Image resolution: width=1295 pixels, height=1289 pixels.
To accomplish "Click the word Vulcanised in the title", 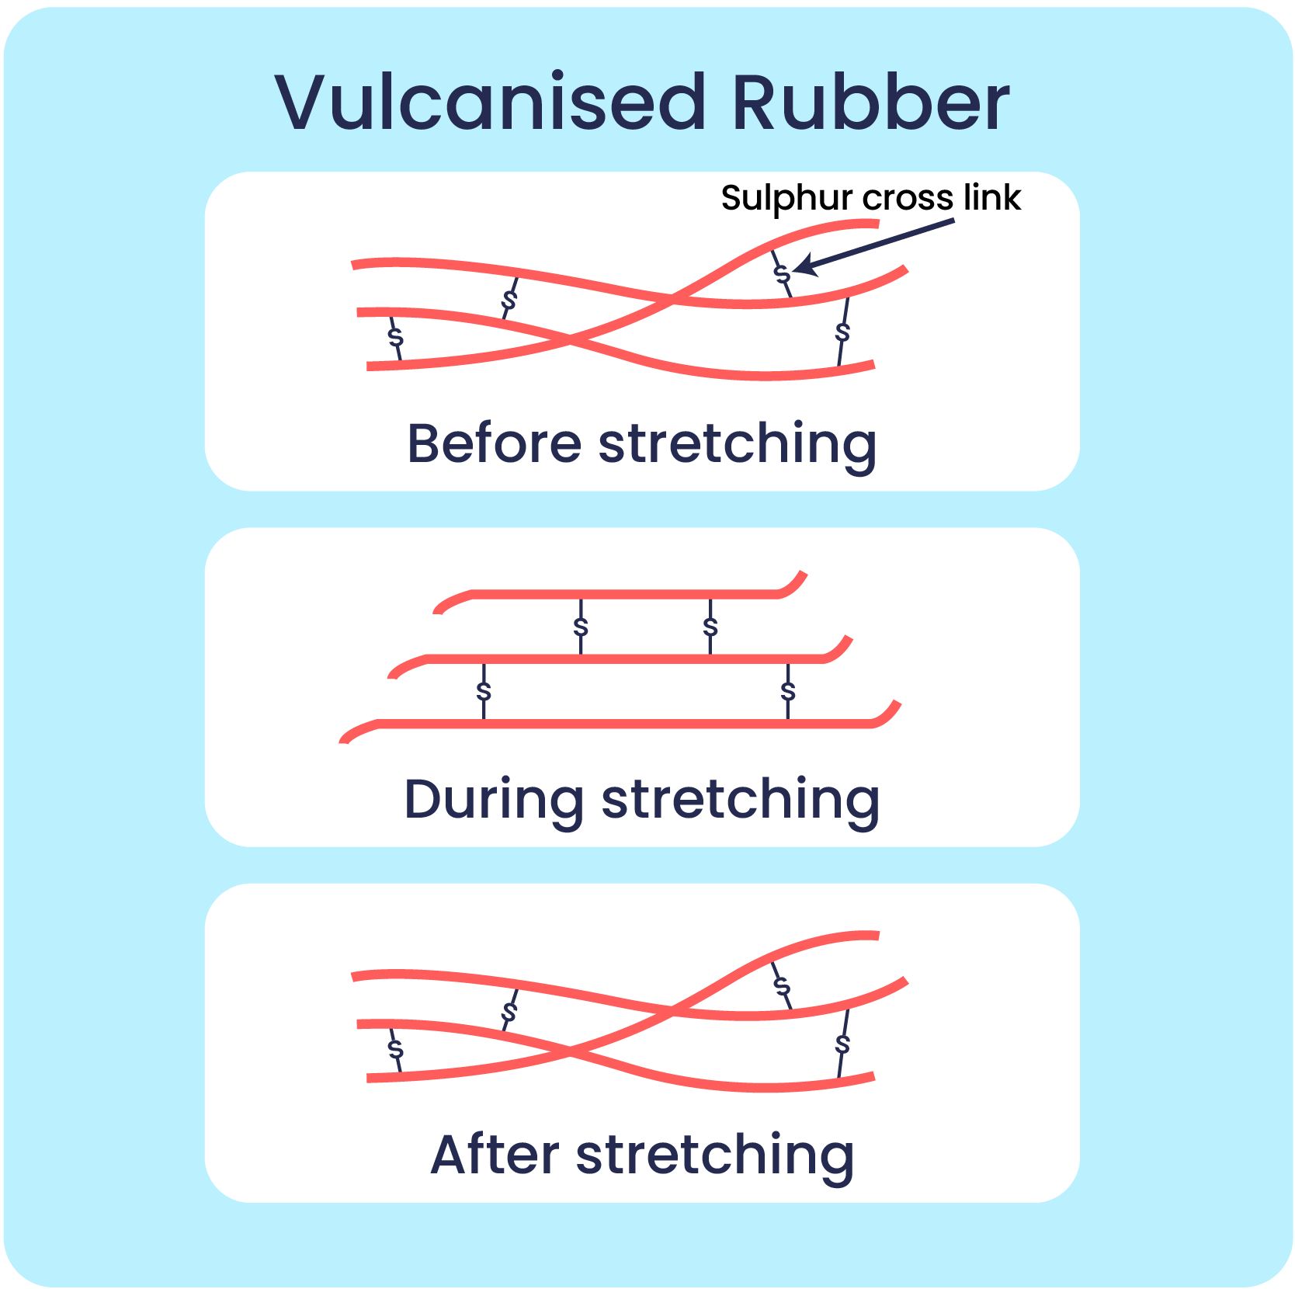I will point(489,102).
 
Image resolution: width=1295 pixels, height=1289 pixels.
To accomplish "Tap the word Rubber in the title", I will point(870,102).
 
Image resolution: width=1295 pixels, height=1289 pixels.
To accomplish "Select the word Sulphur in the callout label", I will point(786,198).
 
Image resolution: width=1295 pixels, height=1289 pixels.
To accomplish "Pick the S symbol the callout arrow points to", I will point(783,273).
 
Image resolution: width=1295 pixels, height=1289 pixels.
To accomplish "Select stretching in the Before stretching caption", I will point(738,445).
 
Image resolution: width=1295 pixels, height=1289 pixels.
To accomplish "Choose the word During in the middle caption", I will point(494,800).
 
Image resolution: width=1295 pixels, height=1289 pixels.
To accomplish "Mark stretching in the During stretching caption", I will point(741,801).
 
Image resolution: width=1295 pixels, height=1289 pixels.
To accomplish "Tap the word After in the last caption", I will point(495,1155).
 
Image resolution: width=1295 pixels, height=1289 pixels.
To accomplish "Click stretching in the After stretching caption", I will point(715,1156).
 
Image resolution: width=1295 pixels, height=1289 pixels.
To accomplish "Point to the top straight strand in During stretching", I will point(621,595).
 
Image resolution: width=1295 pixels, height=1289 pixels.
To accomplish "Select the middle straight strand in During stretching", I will point(621,659).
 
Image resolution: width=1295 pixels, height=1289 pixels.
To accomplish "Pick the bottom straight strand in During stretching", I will point(621,724).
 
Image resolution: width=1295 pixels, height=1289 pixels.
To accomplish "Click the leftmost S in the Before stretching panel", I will point(396,337).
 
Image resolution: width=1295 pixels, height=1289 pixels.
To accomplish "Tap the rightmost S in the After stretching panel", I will point(842,1044).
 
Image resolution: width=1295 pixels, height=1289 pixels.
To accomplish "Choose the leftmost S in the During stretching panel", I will point(484,690).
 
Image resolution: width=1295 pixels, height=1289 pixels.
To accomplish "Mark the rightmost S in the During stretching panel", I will point(788,690).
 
